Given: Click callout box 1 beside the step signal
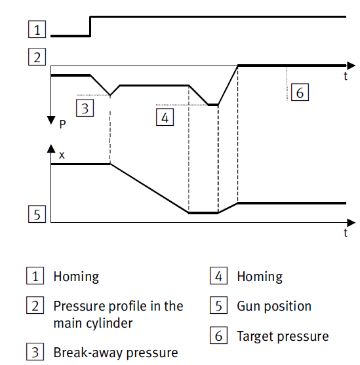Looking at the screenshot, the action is (37, 29).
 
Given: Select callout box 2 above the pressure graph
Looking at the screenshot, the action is (37, 57).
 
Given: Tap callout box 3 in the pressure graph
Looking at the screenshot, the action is (85, 107).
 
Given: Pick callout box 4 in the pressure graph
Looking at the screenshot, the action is (165, 117).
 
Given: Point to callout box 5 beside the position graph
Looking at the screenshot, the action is (37, 214).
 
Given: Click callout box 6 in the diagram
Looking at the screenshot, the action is (300, 92).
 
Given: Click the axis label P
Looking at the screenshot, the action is (62, 125).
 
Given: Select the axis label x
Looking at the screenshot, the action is (62, 155).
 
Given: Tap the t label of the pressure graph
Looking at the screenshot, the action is (346, 76).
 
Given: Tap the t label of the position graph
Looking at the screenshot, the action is (346, 233).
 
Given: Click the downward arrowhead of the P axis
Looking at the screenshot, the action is (51, 120).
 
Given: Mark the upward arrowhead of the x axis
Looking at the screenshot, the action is (51, 149).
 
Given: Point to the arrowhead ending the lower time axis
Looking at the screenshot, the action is (351, 223).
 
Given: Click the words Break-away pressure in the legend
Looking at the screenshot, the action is (116, 353).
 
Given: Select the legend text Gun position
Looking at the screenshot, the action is (274, 306).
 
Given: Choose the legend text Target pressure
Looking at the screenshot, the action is (283, 336).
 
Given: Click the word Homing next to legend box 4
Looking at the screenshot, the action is (260, 277).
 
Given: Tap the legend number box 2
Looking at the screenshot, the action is (35, 305).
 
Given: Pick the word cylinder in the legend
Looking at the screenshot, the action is (110, 324).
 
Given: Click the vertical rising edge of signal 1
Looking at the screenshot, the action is (90, 26).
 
